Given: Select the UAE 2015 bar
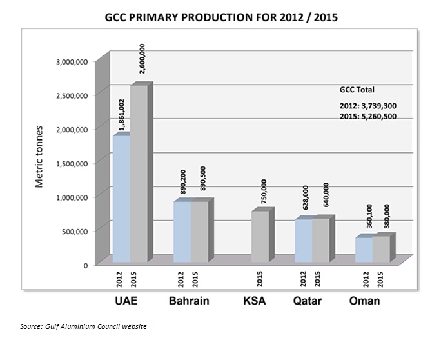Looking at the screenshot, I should coord(139,174).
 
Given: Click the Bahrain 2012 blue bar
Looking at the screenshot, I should coord(182,232).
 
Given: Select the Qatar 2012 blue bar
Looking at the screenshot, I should coord(304,241).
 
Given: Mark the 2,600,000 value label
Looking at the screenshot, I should coord(141,62).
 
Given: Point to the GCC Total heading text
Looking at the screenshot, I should coord(357,90).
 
